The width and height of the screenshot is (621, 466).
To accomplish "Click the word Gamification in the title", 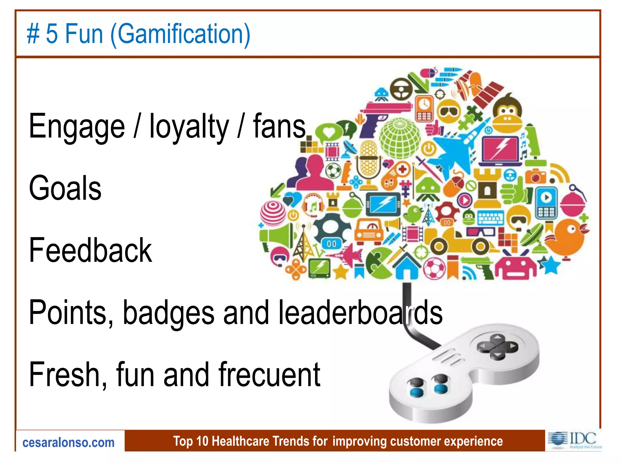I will pos(181,34).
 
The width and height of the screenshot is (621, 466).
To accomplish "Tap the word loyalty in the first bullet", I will pos(189,127).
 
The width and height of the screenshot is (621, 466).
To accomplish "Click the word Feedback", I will pos(90,251).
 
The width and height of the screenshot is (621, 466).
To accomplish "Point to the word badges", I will pos(169,313).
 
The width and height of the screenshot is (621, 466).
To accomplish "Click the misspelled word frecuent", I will pos(269,375).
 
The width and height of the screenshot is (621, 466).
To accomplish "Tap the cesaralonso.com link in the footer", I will pos(69,443).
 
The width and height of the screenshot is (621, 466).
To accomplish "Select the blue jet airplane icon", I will pos(455,149).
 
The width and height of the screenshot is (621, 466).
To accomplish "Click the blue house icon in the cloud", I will pos(406,266).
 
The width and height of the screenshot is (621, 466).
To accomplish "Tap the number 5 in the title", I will pos(52,34).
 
